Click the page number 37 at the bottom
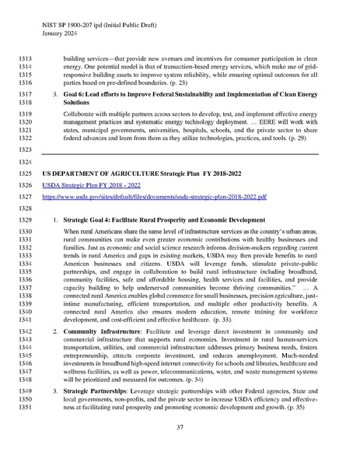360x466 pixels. tap(180, 428)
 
